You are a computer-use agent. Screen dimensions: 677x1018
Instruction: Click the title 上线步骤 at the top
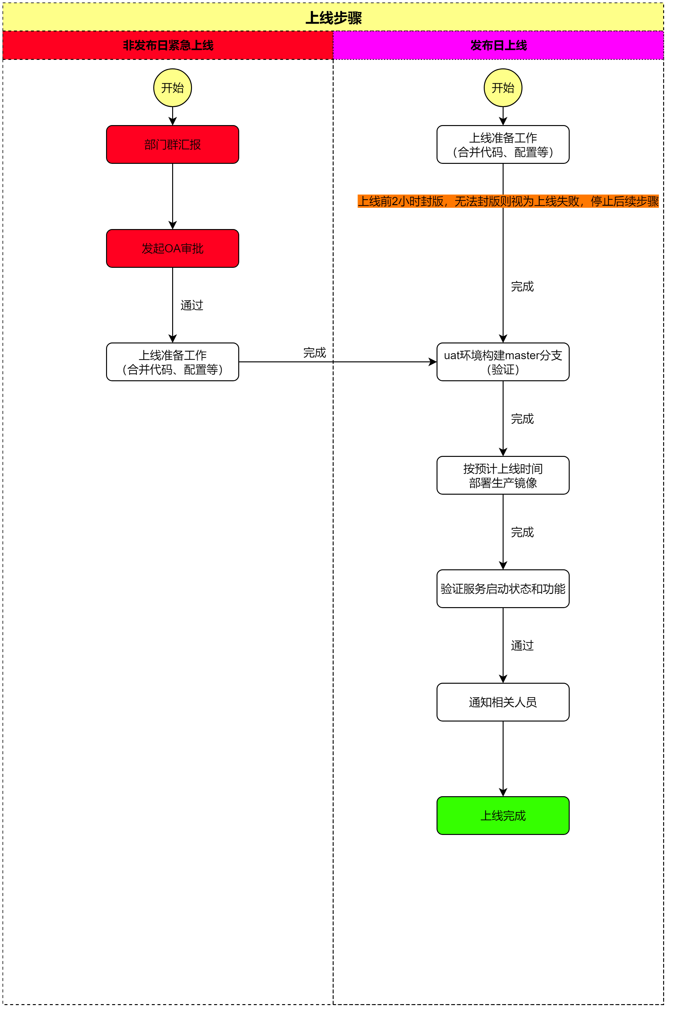[x=333, y=18]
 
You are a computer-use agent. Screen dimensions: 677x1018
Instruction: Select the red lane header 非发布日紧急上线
[x=168, y=45]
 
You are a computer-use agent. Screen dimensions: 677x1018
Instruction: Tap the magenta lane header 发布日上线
[x=498, y=45]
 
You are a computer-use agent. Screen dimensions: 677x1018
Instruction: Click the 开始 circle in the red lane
[x=173, y=88]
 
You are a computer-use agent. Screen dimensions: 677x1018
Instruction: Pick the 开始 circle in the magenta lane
[x=503, y=88]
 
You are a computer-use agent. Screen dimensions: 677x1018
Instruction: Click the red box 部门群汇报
[x=173, y=144]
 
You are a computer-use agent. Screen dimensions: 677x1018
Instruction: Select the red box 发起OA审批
[x=173, y=249]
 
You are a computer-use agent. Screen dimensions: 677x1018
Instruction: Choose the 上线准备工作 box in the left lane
[x=173, y=362]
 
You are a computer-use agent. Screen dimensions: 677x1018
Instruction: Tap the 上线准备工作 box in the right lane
[x=503, y=144]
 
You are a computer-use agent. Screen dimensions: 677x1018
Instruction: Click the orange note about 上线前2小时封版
[x=508, y=201]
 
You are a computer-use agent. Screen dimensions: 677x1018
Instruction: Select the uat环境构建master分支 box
[x=503, y=362]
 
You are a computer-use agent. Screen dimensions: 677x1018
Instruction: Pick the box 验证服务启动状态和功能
[x=503, y=589]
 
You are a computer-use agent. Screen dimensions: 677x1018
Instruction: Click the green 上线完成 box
[x=503, y=815]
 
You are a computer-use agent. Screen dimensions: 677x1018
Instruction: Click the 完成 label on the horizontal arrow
[x=314, y=353]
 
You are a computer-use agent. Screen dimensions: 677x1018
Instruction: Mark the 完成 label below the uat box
[x=522, y=419]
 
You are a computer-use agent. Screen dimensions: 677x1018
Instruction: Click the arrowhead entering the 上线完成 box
[x=503, y=792]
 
